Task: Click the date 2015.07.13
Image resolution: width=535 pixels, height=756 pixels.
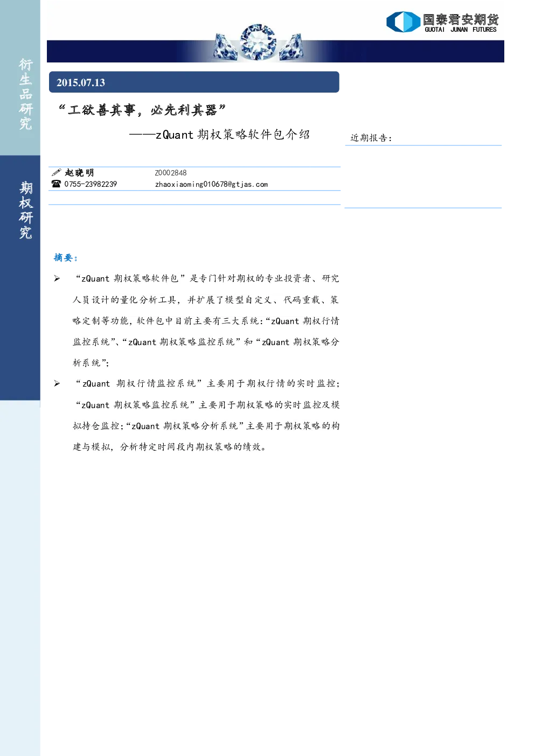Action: click(x=81, y=83)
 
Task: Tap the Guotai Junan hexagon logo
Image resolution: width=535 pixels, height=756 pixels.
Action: click(x=404, y=22)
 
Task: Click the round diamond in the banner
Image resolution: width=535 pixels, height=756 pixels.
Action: click(x=258, y=42)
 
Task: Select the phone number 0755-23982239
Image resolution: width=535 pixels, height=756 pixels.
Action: click(x=91, y=184)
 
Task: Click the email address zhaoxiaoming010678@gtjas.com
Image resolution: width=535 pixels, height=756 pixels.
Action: click(x=211, y=184)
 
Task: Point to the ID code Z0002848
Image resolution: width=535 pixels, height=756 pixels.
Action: click(x=171, y=173)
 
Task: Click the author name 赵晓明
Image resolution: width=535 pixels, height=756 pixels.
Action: click(x=79, y=173)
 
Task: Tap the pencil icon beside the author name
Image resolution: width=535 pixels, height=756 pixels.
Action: click(x=56, y=172)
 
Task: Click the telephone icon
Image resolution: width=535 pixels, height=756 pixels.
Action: click(x=56, y=184)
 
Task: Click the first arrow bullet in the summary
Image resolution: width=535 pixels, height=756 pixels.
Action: click(x=57, y=278)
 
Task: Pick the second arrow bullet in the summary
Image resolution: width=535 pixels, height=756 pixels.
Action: click(x=57, y=383)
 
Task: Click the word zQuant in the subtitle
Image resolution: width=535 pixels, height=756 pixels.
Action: click(x=174, y=135)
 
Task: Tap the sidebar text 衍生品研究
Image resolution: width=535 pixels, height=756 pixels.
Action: click(x=26, y=94)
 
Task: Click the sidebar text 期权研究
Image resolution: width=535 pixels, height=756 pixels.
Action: click(x=26, y=210)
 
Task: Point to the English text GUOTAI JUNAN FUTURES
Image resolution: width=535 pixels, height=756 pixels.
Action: click(x=461, y=30)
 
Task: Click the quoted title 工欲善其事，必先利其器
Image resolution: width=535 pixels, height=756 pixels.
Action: click(x=142, y=110)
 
